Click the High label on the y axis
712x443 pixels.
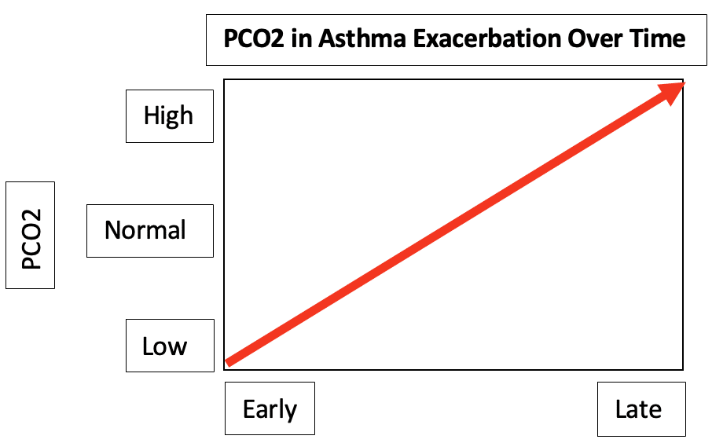coord(168,115)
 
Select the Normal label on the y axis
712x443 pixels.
coord(145,230)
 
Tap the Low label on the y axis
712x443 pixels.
coord(164,346)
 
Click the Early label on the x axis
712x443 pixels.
coord(270,409)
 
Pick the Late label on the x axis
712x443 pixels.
coord(638,409)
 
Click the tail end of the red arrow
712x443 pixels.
coord(228,362)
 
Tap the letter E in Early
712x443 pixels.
coord(248,409)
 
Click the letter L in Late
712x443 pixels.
coord(621,409)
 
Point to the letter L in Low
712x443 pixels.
coord(147,346)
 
